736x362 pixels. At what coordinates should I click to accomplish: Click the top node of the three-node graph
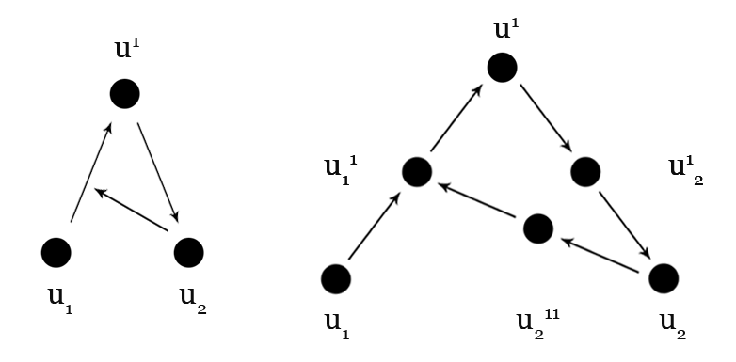(124, 93)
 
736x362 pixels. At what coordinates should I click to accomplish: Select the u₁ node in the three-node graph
(56, 252)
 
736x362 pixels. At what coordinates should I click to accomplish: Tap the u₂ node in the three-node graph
(189, 251)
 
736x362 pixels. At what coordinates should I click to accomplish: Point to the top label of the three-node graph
(125, 49)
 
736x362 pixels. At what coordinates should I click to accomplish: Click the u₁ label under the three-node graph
(58, 298)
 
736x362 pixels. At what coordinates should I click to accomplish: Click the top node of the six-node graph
(502, 67)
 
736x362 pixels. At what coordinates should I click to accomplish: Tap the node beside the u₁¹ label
(416, 171)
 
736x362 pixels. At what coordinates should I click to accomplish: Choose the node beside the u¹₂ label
(585, 171)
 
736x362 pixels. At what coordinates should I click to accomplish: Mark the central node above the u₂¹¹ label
(536, 228)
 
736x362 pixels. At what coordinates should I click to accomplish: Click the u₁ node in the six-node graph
(336, 278)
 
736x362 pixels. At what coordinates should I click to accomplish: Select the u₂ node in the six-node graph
(664, 278)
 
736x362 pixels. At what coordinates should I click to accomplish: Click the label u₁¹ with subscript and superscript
(340, 169)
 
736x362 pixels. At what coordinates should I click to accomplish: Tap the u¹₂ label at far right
(685, 169)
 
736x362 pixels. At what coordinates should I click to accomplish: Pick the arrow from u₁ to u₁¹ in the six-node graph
(375, 227)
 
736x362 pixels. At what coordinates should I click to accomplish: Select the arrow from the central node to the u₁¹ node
(477, 200)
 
